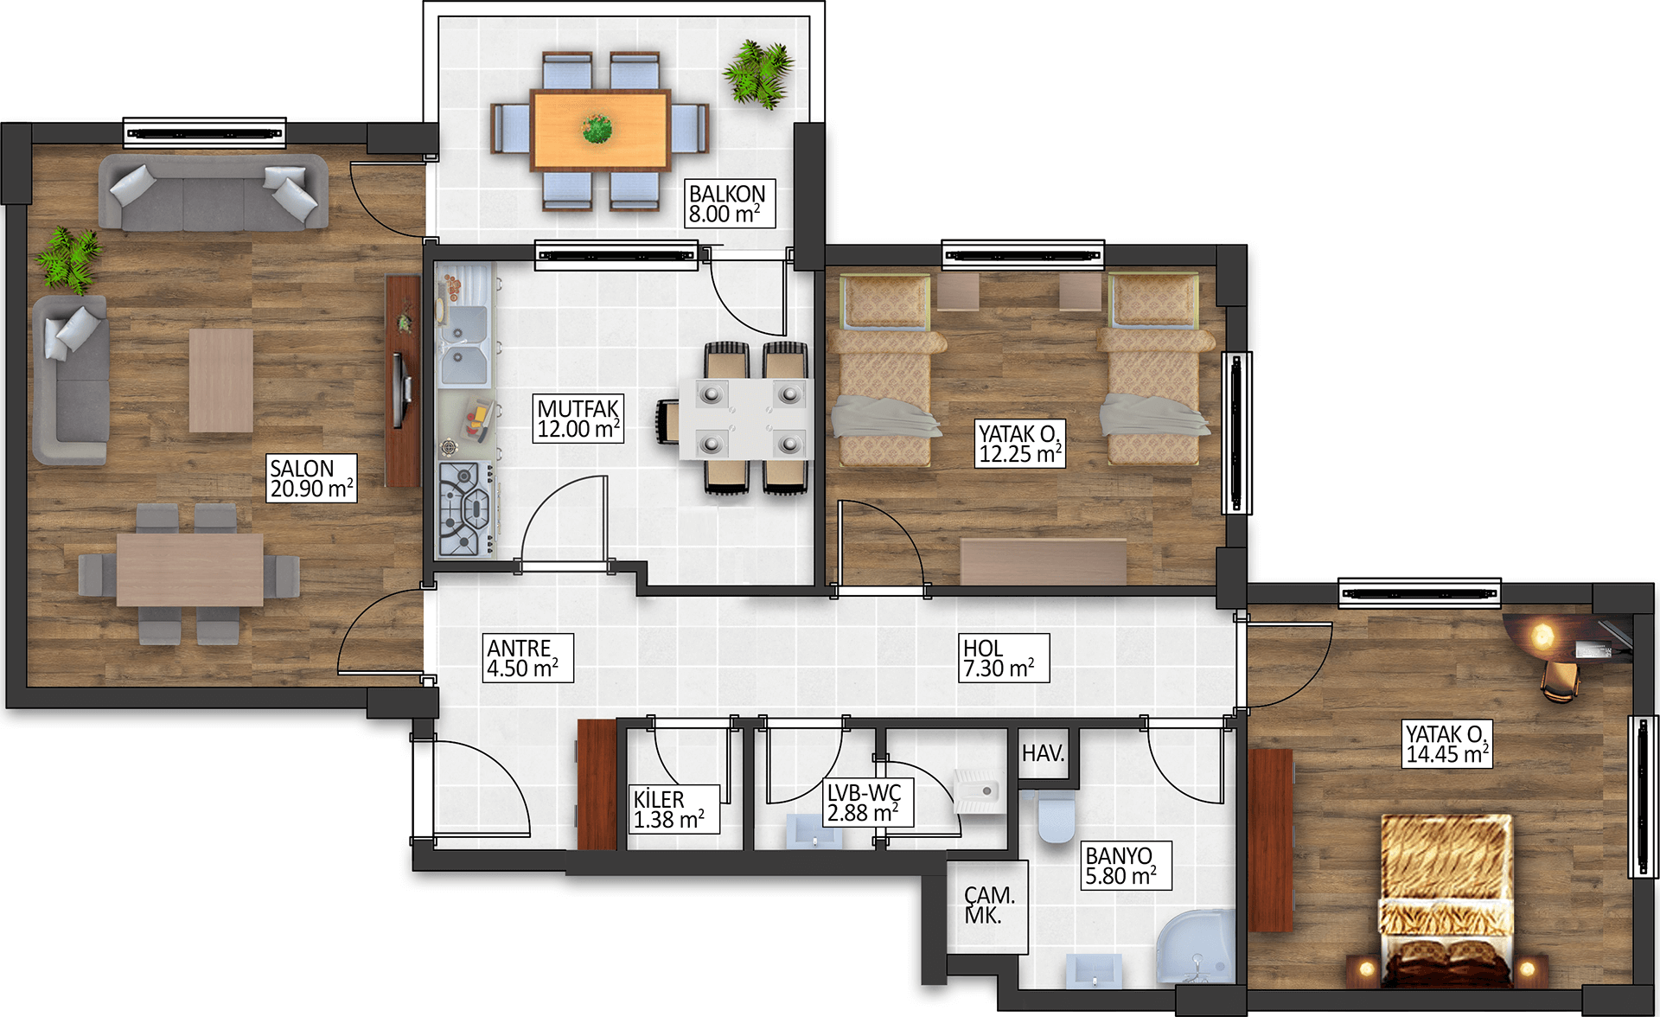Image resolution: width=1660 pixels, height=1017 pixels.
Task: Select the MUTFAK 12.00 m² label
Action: point(578,419)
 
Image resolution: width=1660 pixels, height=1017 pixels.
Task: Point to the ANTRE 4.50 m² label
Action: point(527,658)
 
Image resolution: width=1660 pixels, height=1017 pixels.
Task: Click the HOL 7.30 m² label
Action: point(1004,658)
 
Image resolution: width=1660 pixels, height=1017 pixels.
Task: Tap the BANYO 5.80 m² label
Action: point(1126,866)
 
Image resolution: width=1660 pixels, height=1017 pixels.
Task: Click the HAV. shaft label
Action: point(1044,753)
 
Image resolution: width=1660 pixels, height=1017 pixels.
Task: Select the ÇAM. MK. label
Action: point(989,905)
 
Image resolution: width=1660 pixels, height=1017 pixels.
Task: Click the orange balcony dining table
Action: point(601,130)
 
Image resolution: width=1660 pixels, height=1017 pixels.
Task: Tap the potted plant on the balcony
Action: point(758,74)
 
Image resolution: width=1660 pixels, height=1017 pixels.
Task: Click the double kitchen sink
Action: point(465,346)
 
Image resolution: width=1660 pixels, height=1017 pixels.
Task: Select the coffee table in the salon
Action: point(221,381)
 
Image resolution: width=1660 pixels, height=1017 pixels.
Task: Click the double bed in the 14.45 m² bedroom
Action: point(1446,900)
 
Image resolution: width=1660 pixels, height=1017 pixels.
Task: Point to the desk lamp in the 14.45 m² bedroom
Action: point(1542,636)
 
